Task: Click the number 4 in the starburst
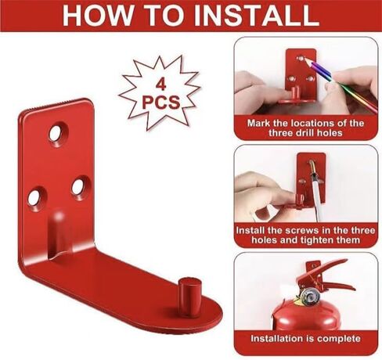[x=161, y=85]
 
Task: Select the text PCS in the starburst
[x=161, y=103]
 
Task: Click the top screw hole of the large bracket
[x=58, y=133]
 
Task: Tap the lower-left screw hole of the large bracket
[x=37, y=198]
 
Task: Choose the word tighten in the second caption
[x=323, y=240]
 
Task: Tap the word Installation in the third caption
[x=278, y=338]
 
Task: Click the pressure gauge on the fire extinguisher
[x=310, y=297]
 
